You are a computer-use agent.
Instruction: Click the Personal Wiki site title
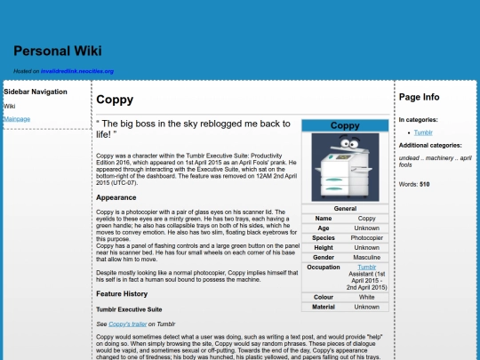pos(58,51)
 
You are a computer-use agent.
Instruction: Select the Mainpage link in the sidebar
pos(17,119)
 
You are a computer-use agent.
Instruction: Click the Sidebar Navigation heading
pos(36,92)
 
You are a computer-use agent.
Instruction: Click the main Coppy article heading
pos(115,100)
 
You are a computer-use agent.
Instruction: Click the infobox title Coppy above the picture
pos(345,125)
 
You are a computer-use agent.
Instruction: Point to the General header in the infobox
pos(345,208)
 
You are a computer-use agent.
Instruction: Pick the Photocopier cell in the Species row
pos(367,237)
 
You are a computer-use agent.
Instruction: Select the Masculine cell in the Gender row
pos(367,257)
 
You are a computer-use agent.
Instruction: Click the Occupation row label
pos(324,267)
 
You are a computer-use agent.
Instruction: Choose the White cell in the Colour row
pos(367,297)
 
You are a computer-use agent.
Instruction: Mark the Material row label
pos(324,307)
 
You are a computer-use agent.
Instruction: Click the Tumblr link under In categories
pos(422,132)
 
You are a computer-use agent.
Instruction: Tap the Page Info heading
pos(419,96)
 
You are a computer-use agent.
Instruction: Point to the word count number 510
pos(424,184)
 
